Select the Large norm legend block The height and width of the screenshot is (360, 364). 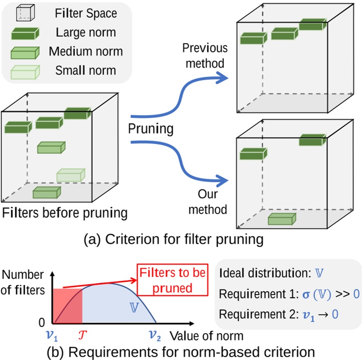(x=24, y=33)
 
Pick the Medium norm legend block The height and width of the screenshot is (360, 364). (x=24, y=52)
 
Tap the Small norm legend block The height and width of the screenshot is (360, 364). (x=24, y=71)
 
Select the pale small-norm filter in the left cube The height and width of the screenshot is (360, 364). (x=70, y=175)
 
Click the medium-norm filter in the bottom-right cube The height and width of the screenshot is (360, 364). (x=282, y=219)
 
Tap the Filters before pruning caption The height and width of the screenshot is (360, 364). (x=65, y=212)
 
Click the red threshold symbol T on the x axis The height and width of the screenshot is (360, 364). (x=82, y=335)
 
